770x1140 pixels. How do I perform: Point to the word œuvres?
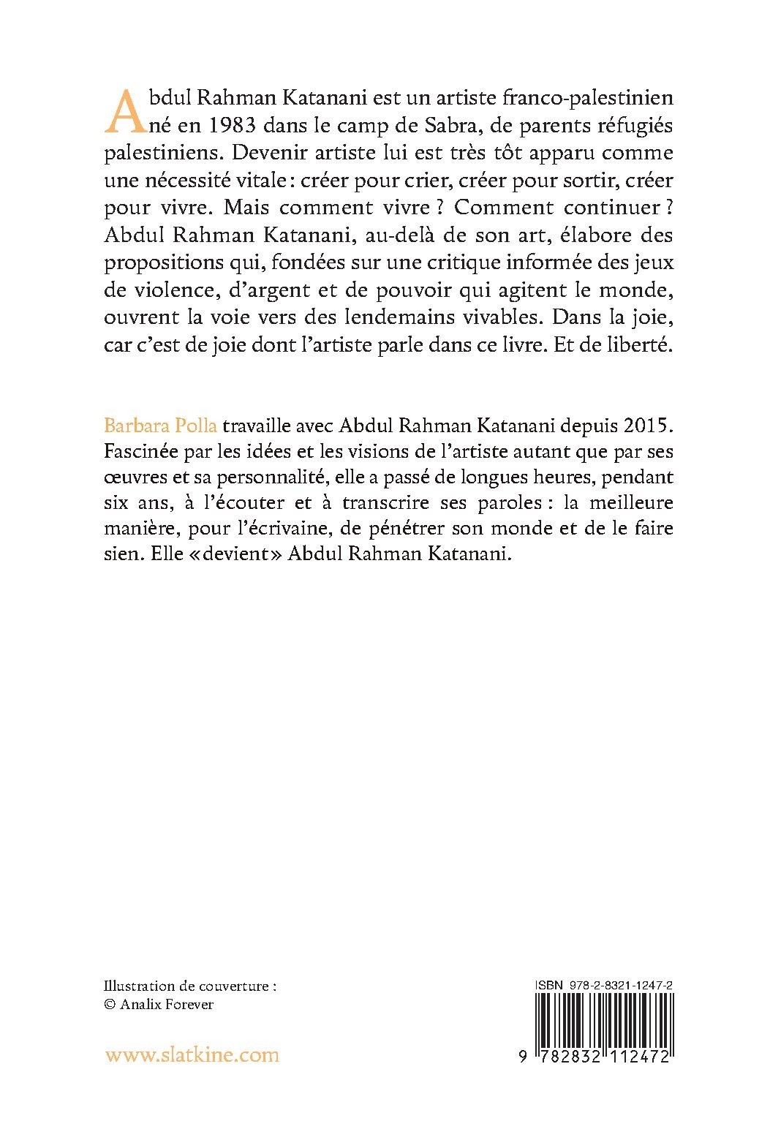pos(135,478)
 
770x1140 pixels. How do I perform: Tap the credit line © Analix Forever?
pos(159,1005)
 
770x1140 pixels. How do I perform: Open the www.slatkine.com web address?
pos(192,1055)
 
